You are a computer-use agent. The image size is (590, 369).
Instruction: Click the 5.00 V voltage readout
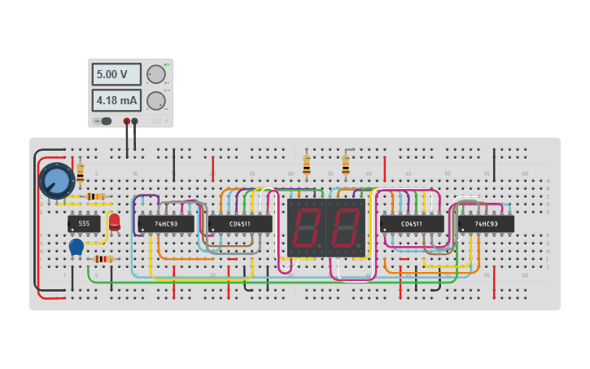(x=116, y=75)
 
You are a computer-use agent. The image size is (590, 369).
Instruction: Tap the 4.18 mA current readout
(x=116, y=100)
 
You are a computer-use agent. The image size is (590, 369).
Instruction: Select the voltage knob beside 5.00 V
(x=155, y=75)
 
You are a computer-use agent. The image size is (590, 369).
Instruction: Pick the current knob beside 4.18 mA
(x=155, y=101)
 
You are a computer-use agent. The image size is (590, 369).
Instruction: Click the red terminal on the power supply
(x=126, y=121)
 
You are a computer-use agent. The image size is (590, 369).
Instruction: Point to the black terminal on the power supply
(x=135, y=121)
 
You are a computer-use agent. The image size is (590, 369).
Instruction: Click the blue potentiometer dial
(x=56, y=180)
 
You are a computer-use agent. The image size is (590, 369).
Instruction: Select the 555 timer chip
(x=84, y=223)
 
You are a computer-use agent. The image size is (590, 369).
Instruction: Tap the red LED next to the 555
(x=114, y=221)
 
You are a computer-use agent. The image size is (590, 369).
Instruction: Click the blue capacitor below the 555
(x=76, y=247)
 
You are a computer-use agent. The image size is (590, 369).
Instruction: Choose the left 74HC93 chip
(x=166, y=223)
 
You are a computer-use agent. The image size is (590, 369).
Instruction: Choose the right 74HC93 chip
(x=486, y=223)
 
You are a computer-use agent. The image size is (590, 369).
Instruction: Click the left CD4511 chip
(x=240, y=223)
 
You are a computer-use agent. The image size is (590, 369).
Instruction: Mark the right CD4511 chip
(x=412, y=223)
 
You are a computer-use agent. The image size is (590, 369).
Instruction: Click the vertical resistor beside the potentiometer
(x=80, y=172)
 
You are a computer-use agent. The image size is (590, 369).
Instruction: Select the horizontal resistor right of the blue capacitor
(x=103, y=259)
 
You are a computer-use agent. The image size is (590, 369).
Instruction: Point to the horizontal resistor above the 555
(x=97, y=196)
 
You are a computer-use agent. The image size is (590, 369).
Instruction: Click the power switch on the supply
(x=103, y=121)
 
